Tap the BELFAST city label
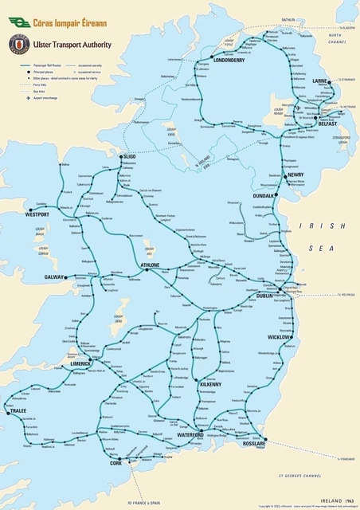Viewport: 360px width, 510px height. [327, 124]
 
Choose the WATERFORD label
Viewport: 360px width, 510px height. [190, 434]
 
